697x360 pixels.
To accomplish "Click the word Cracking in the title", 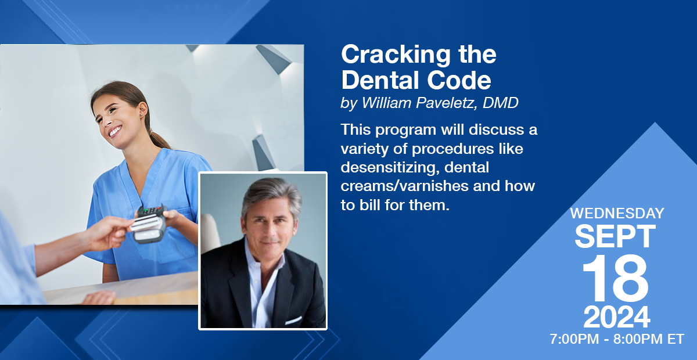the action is pos(396,55).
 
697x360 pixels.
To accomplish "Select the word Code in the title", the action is pos(459,80).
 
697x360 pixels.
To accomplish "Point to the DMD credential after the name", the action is pos(500,103).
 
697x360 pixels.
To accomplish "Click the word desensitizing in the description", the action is pos(390,167).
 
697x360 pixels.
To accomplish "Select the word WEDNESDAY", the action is pos(617,214).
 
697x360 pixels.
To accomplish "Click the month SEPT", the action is pos(615,236).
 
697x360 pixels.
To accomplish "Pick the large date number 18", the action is pos(615,278).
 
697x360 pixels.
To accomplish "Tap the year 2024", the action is pos(616,317).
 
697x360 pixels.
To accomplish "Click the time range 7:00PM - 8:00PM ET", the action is pos(617,339).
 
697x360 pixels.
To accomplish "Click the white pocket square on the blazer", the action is pos(293,320).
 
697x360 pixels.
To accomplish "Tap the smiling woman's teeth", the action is pos(115,131).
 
